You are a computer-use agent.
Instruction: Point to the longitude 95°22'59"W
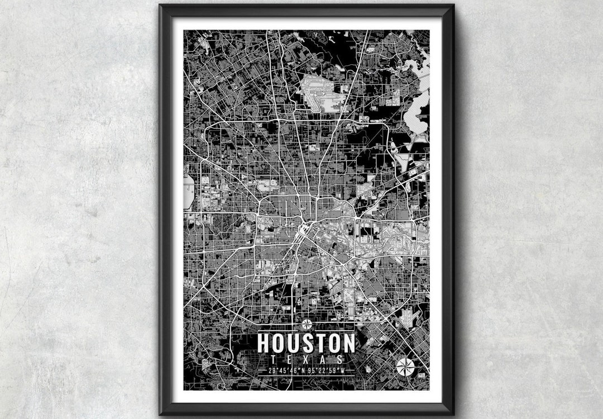(326, 370)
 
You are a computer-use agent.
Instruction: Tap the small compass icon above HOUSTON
(306, 325)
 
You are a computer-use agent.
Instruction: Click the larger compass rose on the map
(405, 366)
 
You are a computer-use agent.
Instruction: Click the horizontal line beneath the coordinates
(306, 376)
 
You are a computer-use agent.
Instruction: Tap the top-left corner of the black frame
(161, 6)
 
